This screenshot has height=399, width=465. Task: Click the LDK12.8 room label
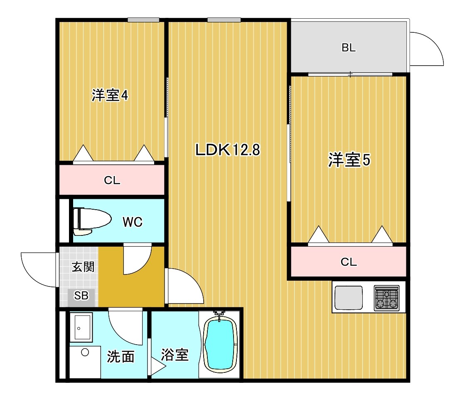[x=228, y=150]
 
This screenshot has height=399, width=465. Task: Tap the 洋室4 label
[x=110, y=96]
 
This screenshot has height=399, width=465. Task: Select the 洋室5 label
[x=349, y=160]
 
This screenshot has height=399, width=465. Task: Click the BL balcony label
[x=349, y=48]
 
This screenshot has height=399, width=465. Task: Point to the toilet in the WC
[x=91, y=219]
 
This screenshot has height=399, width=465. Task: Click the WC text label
[x=133, y=222]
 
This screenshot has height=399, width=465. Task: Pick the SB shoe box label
[x=81, y=296]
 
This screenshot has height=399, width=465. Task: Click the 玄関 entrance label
[x=83, y=267]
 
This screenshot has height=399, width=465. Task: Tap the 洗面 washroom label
[x=121, y=356]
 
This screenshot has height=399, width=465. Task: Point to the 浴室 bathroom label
[x=175, y=355]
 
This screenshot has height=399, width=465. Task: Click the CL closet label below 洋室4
[x=112, y=180]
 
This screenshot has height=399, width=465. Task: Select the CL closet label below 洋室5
[x=349, y=262]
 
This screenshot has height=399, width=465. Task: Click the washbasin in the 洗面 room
[x=81, y=328]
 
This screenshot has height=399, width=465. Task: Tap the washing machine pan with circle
[x=85, y=362]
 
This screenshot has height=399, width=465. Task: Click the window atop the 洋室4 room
[x=143, y=20]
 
